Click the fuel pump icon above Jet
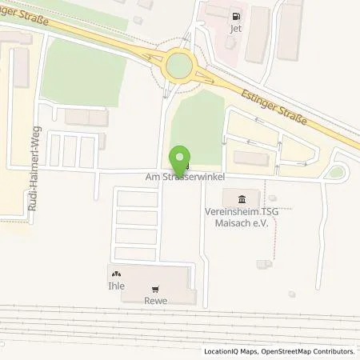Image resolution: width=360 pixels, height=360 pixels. click(235, 15)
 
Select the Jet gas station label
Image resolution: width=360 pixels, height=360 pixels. click(235, 28)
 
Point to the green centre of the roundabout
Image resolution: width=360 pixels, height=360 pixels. click(179, 62)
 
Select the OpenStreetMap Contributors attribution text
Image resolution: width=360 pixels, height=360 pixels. click(306, 351)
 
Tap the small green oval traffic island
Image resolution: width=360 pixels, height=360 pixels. click(336, 171)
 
